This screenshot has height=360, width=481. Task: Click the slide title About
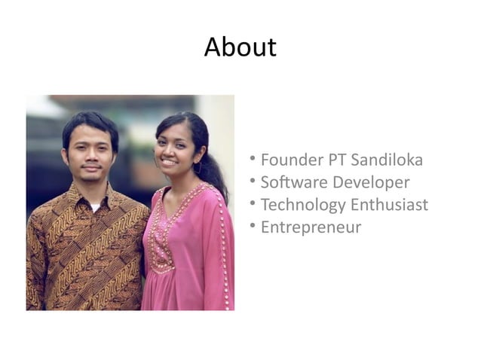pos(240,47)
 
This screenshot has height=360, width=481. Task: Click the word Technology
pos(302,205)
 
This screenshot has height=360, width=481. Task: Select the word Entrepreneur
pos(311,227)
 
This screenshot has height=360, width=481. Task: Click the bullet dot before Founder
pos(254,159)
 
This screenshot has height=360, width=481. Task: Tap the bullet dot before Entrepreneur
pos(254,225)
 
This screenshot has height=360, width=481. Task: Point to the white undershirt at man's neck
pos(94,205)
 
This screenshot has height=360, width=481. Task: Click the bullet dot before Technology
pos(254,203)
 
